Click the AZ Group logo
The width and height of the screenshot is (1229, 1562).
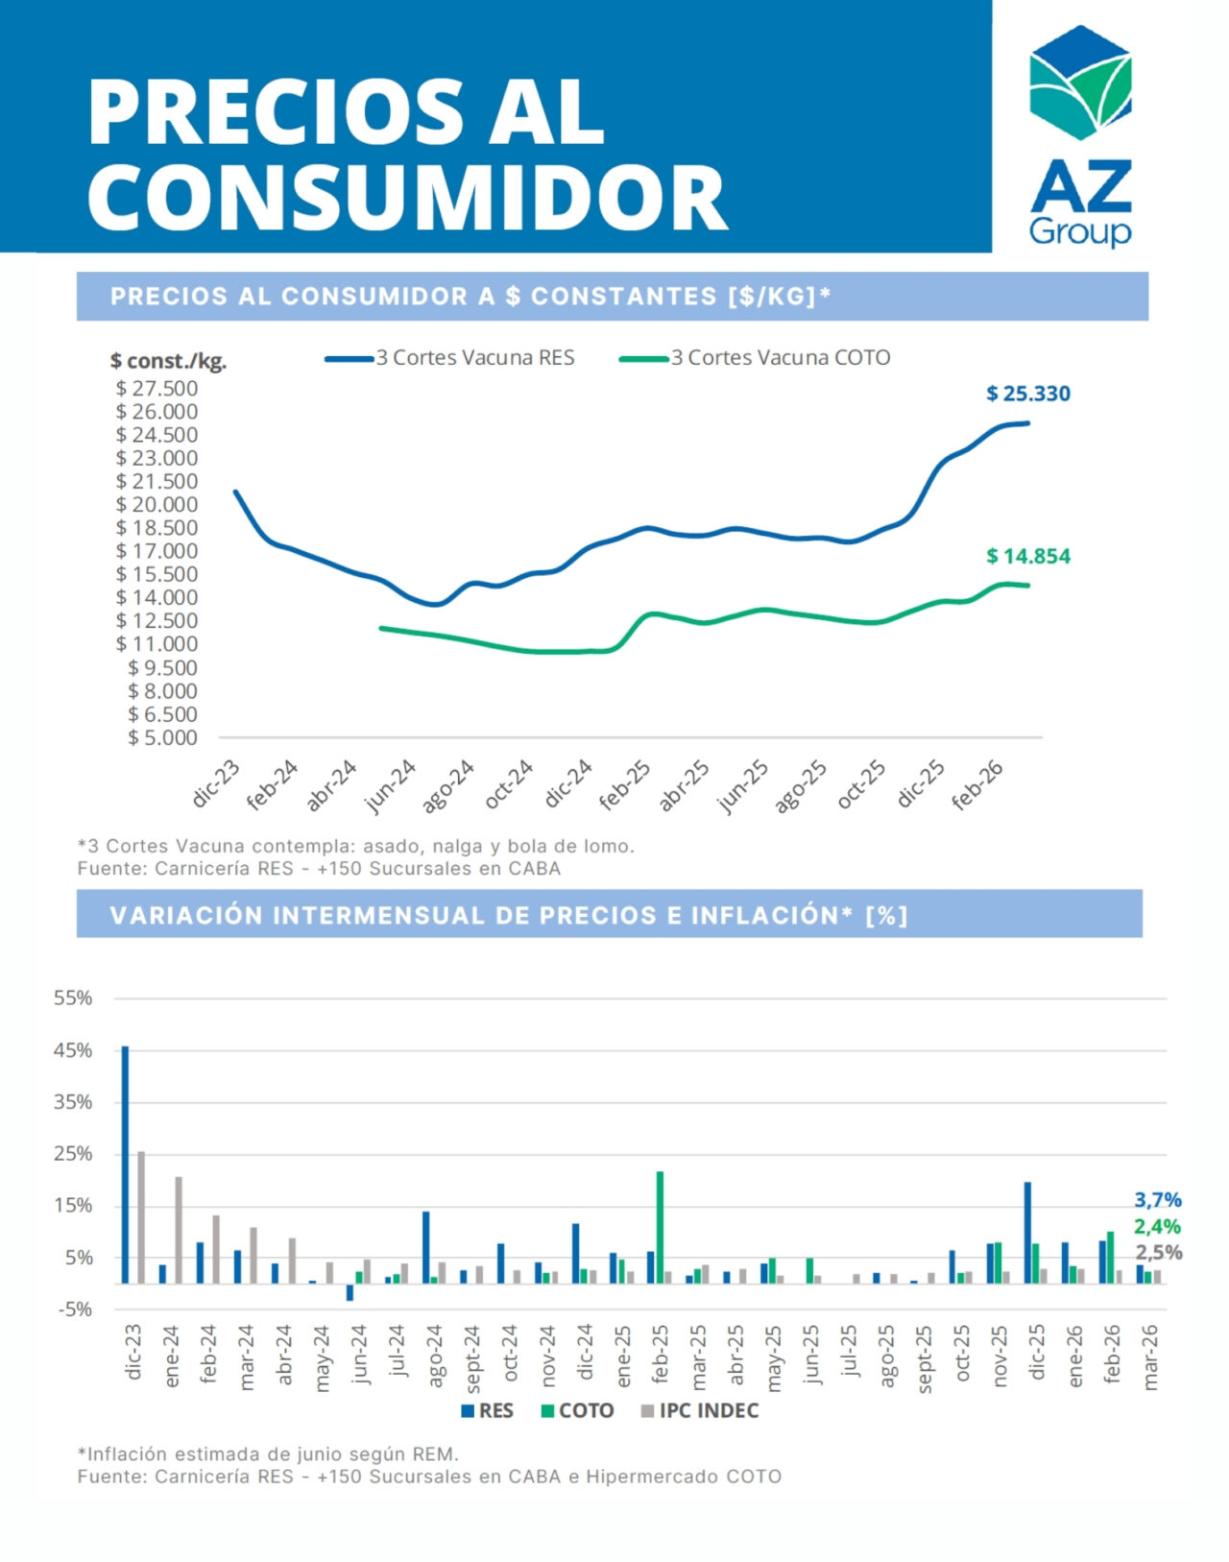(1080, 134)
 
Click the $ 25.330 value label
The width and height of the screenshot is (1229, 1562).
(1027, 394)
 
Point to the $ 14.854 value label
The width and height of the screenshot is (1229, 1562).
(1027, 556)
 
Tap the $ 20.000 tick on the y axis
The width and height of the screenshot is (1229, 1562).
(157, 505)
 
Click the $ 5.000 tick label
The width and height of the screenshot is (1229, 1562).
(162, 738)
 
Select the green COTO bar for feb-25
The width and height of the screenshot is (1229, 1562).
(660, 1226)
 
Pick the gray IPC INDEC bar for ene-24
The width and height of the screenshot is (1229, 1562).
(179, 1229)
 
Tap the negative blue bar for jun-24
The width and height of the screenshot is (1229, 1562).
(349, 1291)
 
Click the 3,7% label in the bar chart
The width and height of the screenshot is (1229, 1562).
(1157, 1200)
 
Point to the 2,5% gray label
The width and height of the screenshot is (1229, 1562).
(1158, 1252)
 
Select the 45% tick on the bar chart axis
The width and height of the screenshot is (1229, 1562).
(73, 1050)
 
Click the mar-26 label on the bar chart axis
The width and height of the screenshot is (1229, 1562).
(1150, 1357)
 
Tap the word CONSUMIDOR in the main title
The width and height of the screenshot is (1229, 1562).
(408, 197)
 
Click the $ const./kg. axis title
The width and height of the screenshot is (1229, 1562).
(168, 361)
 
